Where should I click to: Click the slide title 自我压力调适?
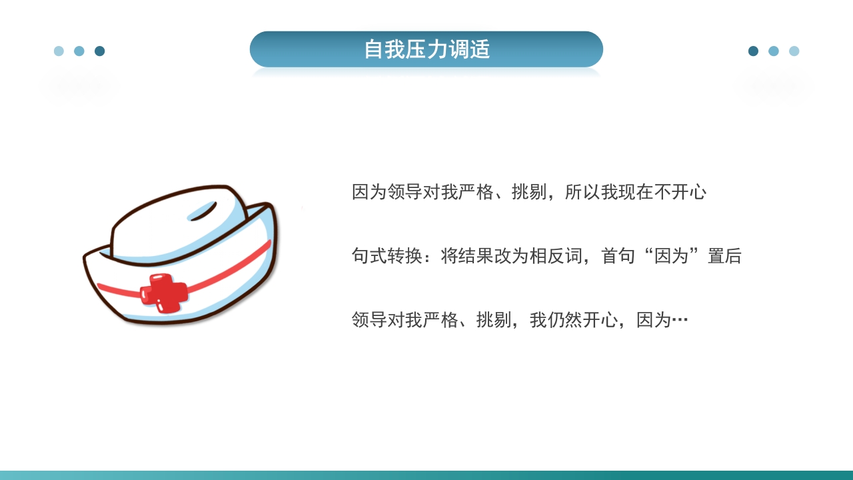pyautogui.click(x=426, y=49)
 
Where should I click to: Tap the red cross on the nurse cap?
pyautogui.click(x=163, y=293)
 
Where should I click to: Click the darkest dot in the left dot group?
pyautogui.click(x=99, y=51)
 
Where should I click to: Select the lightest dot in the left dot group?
pyautogui.click(x=59, y=51)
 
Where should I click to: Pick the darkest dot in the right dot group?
pyautogui.click(x=753, y=51)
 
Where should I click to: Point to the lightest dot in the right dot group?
pyautogui.click(x=794, y=51)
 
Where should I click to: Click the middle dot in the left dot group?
pyautogui.click(x=79, y=51)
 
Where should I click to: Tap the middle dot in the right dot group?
pyautogui.click(x=774, y=51)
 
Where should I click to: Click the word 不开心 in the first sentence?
pyautogui.click(x=680, y=193)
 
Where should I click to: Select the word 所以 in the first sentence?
pyautogui.click(x=582, y=193)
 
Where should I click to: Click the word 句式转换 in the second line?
pyautogui.click(x=387, y=256)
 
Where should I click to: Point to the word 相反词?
pyautogui.click(x=556, y=256)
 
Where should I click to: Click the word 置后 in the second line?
pyautogui.click(x=724, y=256)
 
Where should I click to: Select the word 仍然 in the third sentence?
pyautogui.click(x=565, y=320)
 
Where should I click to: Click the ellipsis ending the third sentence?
pyautogui.click(x=680, y=321)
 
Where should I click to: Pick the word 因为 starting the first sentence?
pyautogui.click(x=369, y=193)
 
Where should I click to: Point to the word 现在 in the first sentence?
pyautogui.click(x=636, y=193)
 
